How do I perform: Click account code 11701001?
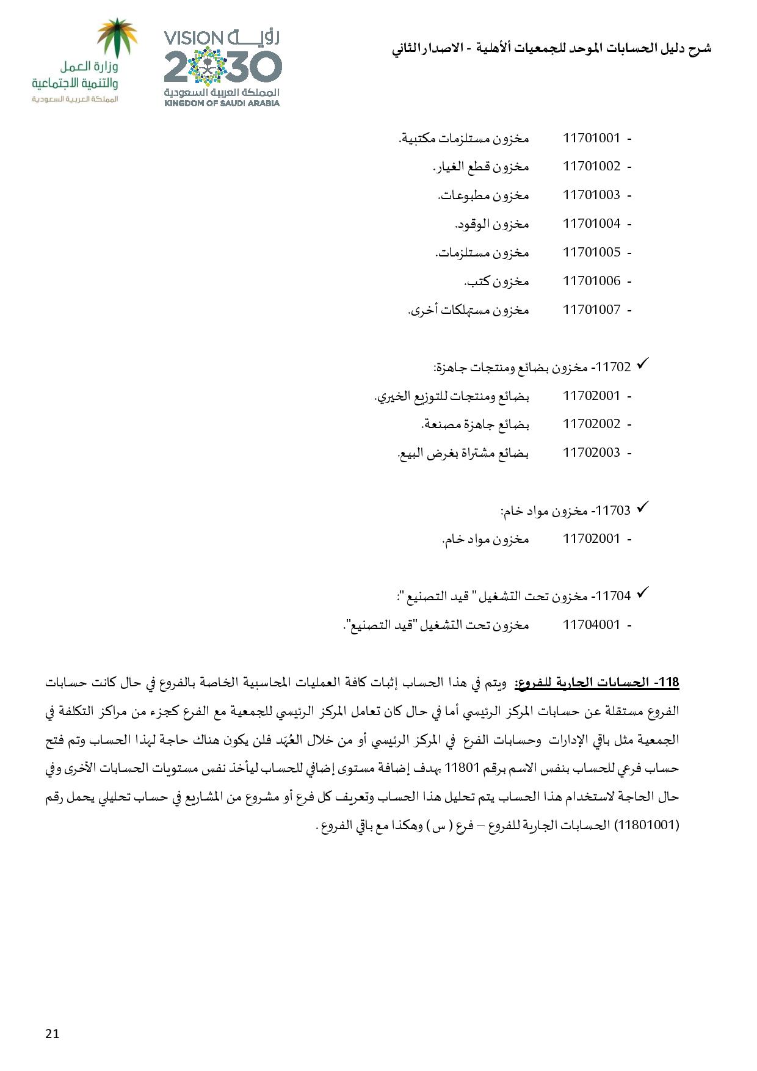tap(591, 138)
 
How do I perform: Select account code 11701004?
tap(591, 223)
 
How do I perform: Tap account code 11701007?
tap(591, 310)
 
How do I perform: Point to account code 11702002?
tap(591, 424)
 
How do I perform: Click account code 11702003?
tap(591, 452)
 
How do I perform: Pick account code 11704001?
tap(591, 625)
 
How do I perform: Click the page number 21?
tap(52, 1033)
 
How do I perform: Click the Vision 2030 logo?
tap(222, 67)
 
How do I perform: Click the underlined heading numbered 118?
tap(597, 683)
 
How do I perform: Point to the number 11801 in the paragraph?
tap(462, 768)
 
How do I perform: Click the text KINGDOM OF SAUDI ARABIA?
tap(222, 103)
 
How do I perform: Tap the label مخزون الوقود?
tap(491, 224)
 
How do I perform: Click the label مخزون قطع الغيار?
tap(480, 167)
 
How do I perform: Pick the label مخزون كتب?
tap(496, 281)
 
